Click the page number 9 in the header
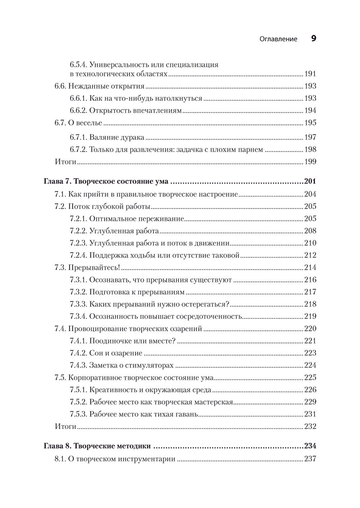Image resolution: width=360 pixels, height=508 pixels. [313, 38]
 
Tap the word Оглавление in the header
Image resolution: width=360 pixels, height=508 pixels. [278, 39]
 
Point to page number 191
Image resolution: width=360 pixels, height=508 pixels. [310, 74]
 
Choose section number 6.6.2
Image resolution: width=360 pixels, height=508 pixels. [78, 110]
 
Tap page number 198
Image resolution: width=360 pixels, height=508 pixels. [310, 149]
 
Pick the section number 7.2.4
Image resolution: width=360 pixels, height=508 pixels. [78, 255]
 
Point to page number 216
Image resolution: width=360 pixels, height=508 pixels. [310, 280]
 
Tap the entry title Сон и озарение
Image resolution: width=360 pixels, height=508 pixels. [116, 353]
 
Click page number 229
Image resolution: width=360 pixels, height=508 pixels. [310, 402]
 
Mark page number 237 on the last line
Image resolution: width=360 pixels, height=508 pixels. [310, 459]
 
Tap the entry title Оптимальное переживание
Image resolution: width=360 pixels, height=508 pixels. [136, 219]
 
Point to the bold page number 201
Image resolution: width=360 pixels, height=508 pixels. [310, 182]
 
